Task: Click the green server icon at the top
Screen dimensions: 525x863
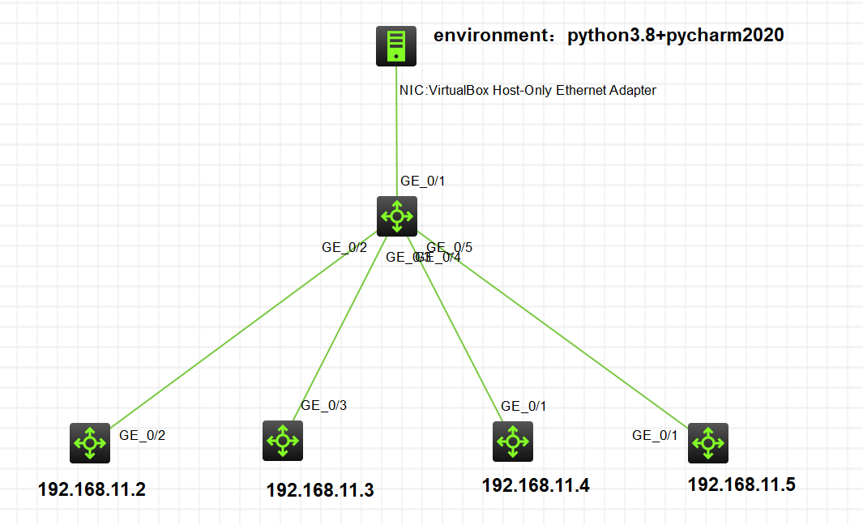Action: tap(395, 46)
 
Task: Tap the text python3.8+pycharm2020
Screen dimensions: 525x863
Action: tap(675, 36)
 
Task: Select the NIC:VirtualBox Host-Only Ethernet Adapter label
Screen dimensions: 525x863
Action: tap(528, 91)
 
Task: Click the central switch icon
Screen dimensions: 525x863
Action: tap(397, 216)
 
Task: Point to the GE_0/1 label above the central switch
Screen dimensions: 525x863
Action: tap(423, 181)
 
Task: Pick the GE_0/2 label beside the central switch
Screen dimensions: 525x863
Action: tap(344, 248)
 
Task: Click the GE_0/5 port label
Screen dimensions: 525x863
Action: tap(449, 247)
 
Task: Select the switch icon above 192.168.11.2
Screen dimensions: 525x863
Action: tap(89, 442)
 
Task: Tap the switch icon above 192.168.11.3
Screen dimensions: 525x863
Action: tap(283, 441)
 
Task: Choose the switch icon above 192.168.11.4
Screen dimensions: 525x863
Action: tap(513, 442)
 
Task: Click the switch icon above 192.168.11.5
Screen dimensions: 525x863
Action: tap(708, 442)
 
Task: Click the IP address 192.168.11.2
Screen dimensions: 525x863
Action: tap(92, 490)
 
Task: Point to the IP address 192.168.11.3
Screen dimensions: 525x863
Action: tap(320, 490)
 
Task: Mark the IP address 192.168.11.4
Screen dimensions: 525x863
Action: tap(536, 485)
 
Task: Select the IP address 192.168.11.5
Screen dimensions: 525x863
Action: tap(741, 484)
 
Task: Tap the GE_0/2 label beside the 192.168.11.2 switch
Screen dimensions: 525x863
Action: tap(143, 435)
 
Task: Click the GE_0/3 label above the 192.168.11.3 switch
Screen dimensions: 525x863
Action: tap(324, 405)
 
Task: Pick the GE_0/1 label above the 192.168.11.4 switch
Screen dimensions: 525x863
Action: tap(523, 406)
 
